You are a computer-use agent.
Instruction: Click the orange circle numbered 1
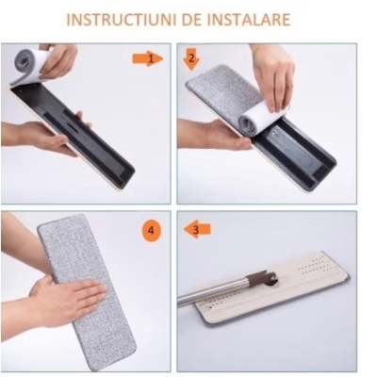[x=147, y=59]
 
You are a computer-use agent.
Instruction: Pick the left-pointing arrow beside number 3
[x=201, y=229]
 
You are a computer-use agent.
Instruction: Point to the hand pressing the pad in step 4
[x=61, y=302]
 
